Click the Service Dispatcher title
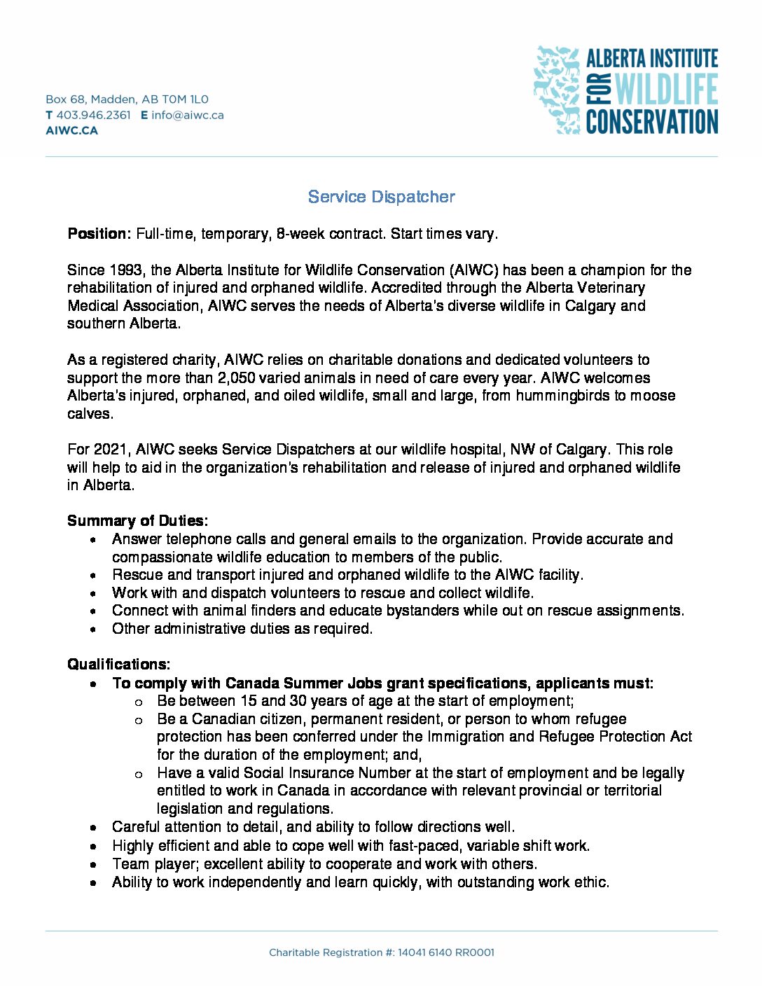[381, 197]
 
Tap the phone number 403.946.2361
[93, 115]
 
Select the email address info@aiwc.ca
[188, 115]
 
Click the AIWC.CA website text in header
[71, 130]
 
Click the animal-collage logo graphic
[557, 90]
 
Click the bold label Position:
[99, 234]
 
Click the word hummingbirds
[564, 396]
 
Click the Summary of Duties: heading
[137, 521]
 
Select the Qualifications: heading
[118, 664]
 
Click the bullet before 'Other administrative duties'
[93, 630]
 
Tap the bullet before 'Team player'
[93, 865]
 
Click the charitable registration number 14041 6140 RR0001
[445, 952]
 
